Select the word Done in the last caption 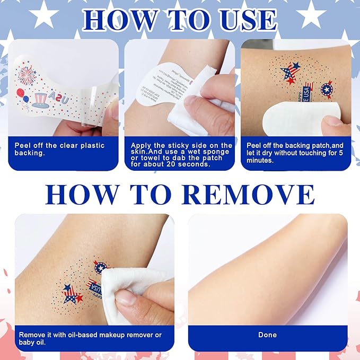pyautogui.click(x=267, y=335)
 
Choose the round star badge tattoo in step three pyautogui.click(x=327, y=89)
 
